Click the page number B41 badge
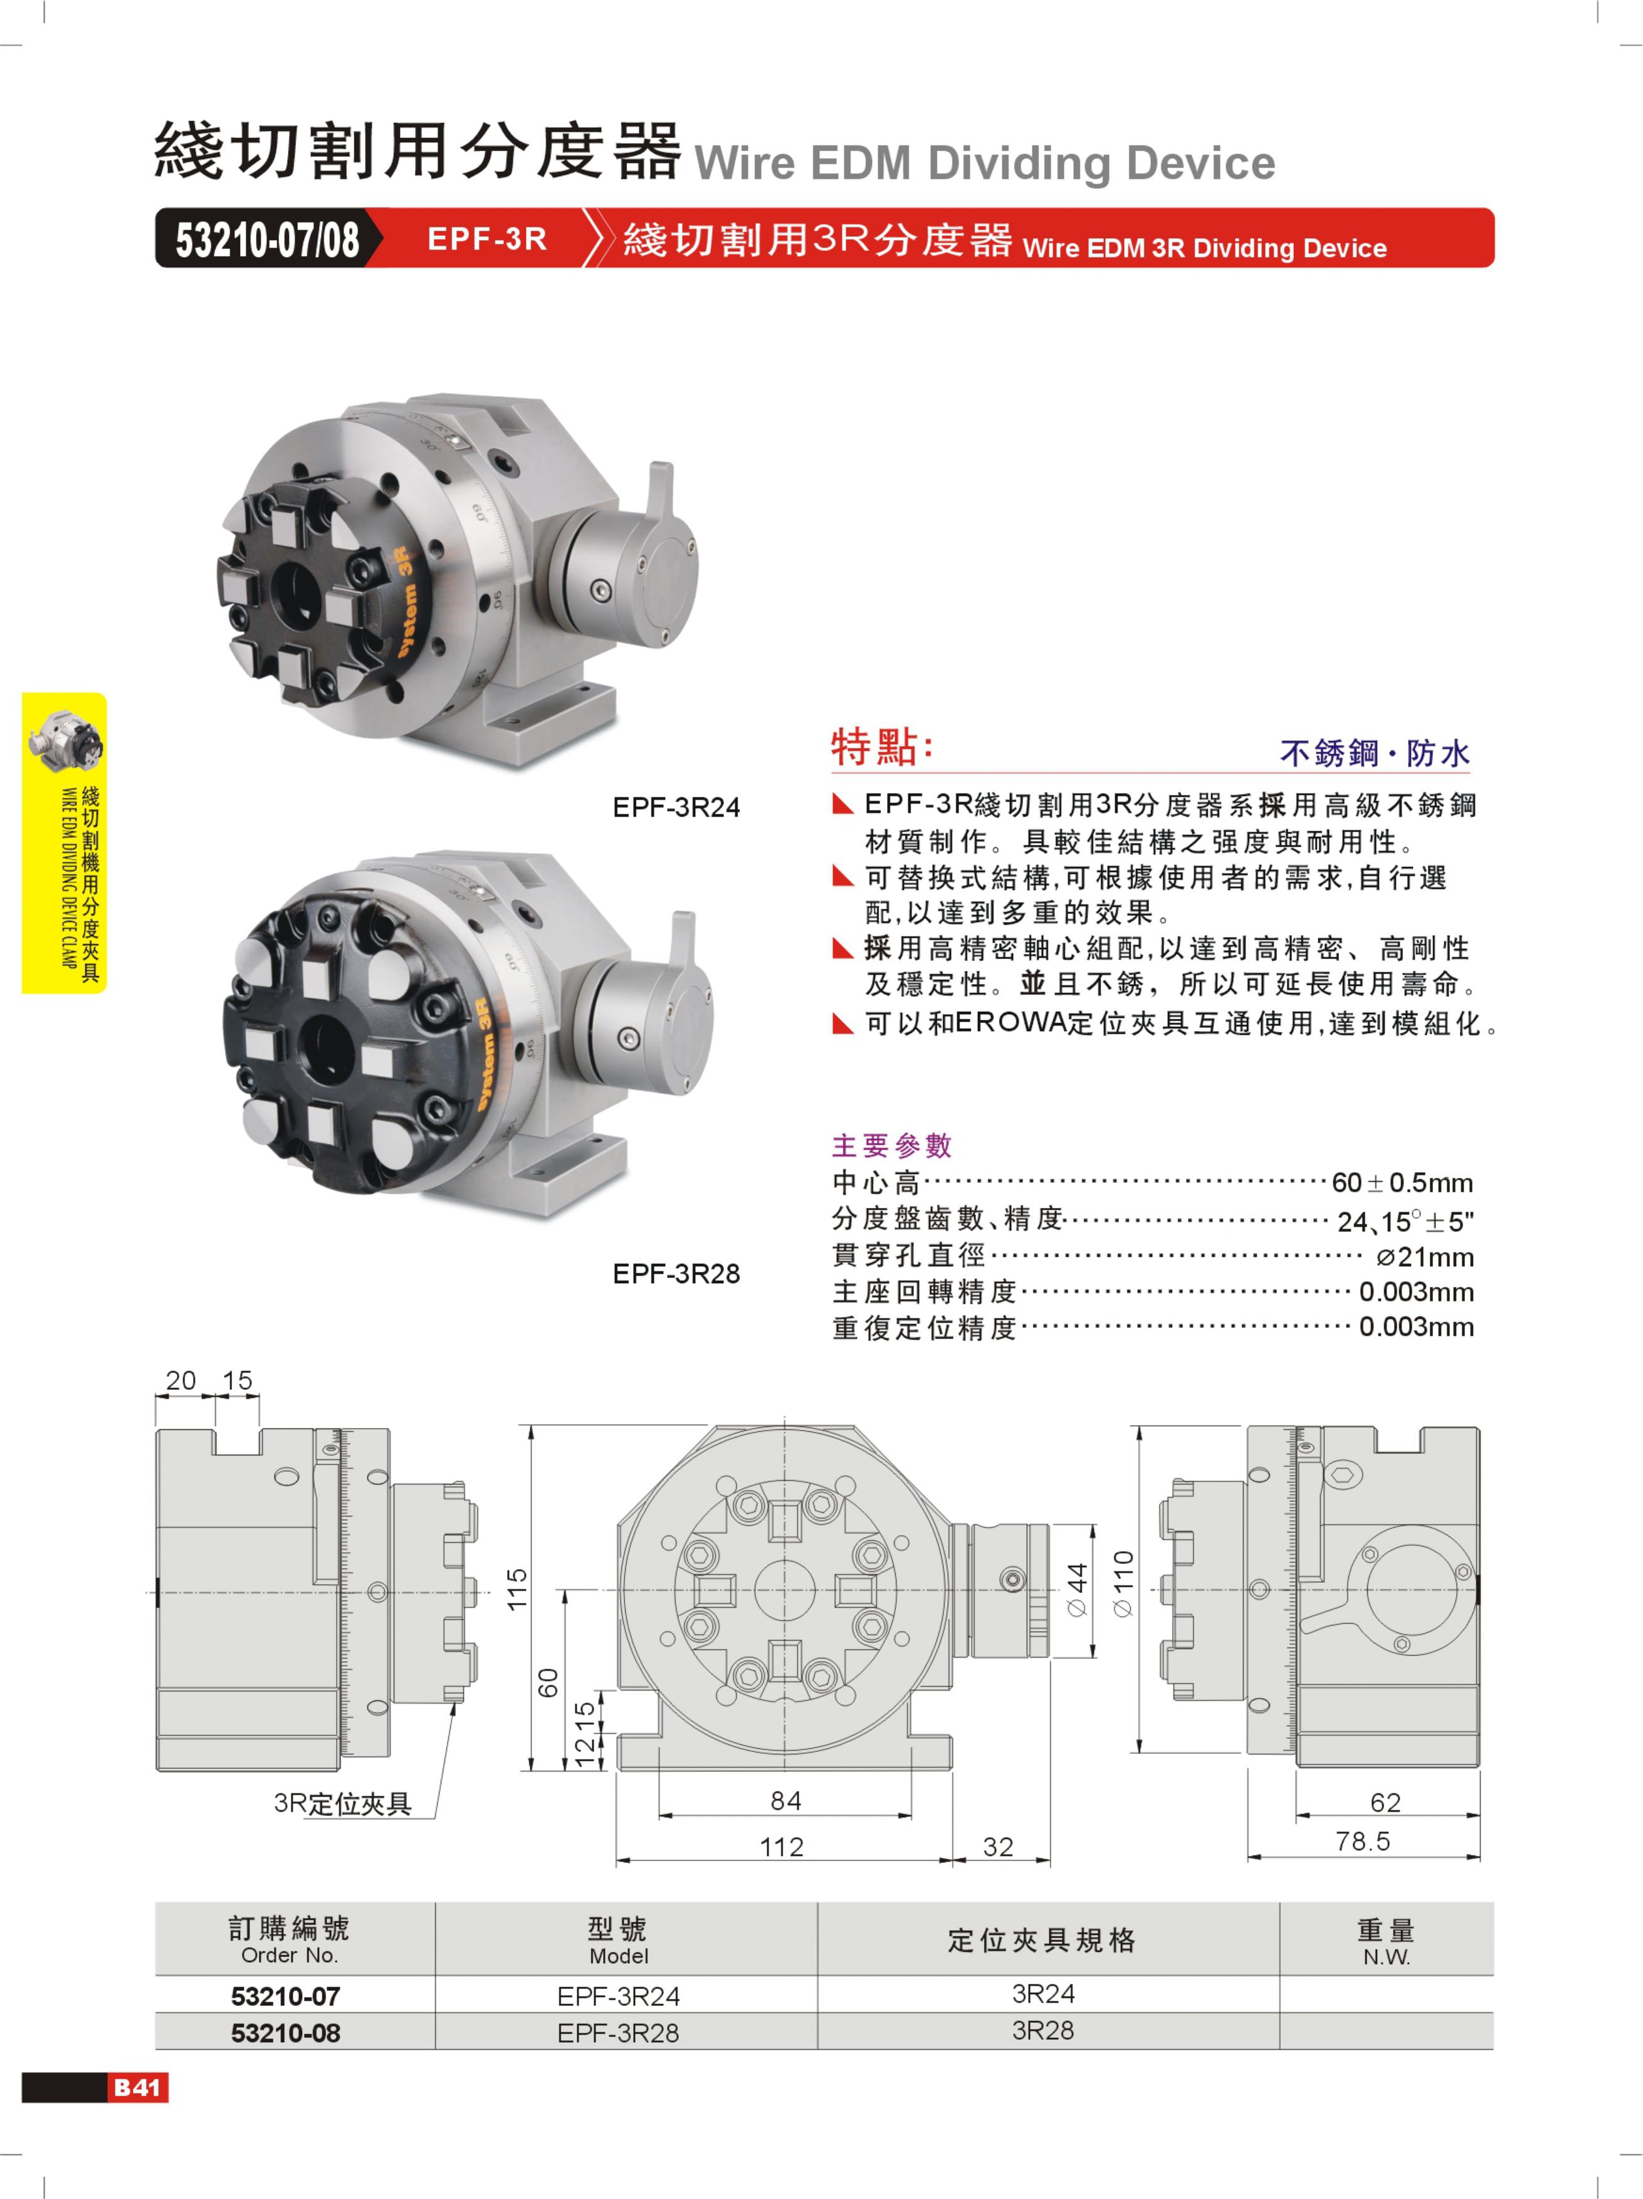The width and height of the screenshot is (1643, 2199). tap(137, 2087)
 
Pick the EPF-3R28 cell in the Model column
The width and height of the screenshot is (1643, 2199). tap(618, 2033)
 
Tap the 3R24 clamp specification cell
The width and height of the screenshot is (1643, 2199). tap(1042, 1993)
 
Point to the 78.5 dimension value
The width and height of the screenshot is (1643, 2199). tap(1363, 1841)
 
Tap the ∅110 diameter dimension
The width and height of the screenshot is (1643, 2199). tap(1123, 1583)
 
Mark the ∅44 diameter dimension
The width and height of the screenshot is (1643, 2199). tap(1078, 1590)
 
